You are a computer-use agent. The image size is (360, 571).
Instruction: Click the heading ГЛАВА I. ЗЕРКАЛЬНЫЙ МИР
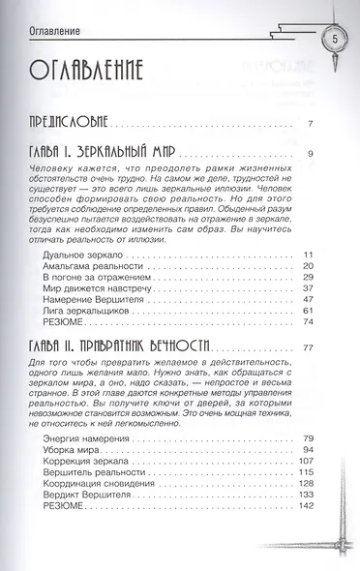click(x=119, y=152)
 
